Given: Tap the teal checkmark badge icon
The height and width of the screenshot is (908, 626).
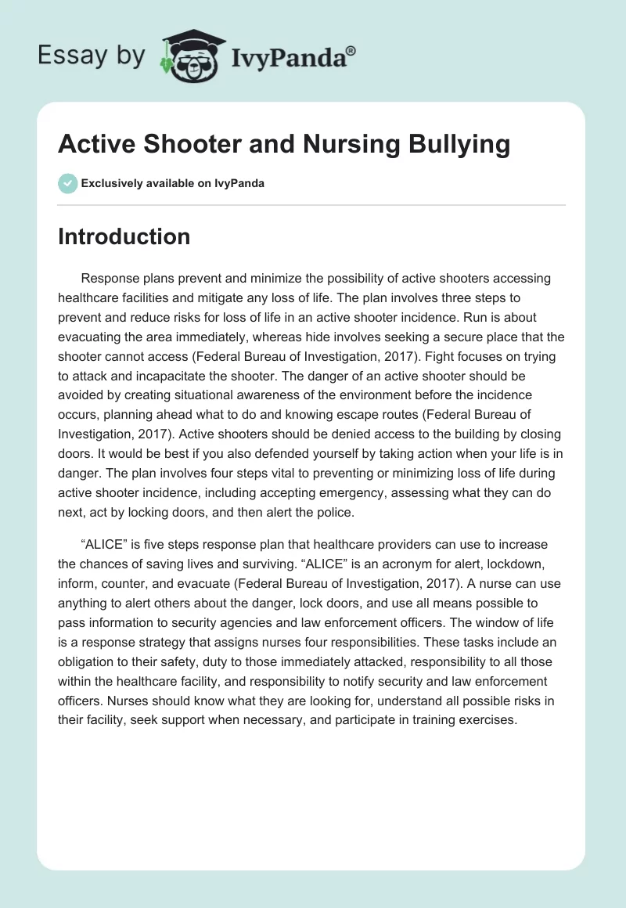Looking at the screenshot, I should point(67,183).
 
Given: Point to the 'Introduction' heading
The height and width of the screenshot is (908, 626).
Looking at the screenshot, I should point(124,236).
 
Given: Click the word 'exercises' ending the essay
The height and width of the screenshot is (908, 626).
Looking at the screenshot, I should point(488,719).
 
